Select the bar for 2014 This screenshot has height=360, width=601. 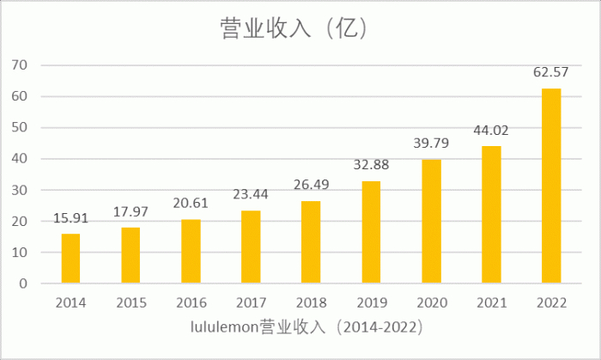[x=70, y=259]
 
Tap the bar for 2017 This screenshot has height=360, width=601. [x=251, y=247]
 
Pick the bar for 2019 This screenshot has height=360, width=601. [x=371, y=233]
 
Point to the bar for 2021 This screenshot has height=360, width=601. [x=490, y=215]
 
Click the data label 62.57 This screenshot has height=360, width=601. [x=550, y=72]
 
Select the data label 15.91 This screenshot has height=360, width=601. [x=70, y=218]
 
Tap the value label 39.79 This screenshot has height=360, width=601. [x=431, y=143]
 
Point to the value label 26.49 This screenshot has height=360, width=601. [x=311, y=185]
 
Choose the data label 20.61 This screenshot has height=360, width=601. [x=191, y=204]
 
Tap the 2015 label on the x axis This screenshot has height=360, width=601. [x=131, y=302]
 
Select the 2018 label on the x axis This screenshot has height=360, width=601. [x=311, y=302]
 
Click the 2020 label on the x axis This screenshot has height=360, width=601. [x=431, y=302]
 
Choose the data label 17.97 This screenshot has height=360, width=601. [x=131, y=211]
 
